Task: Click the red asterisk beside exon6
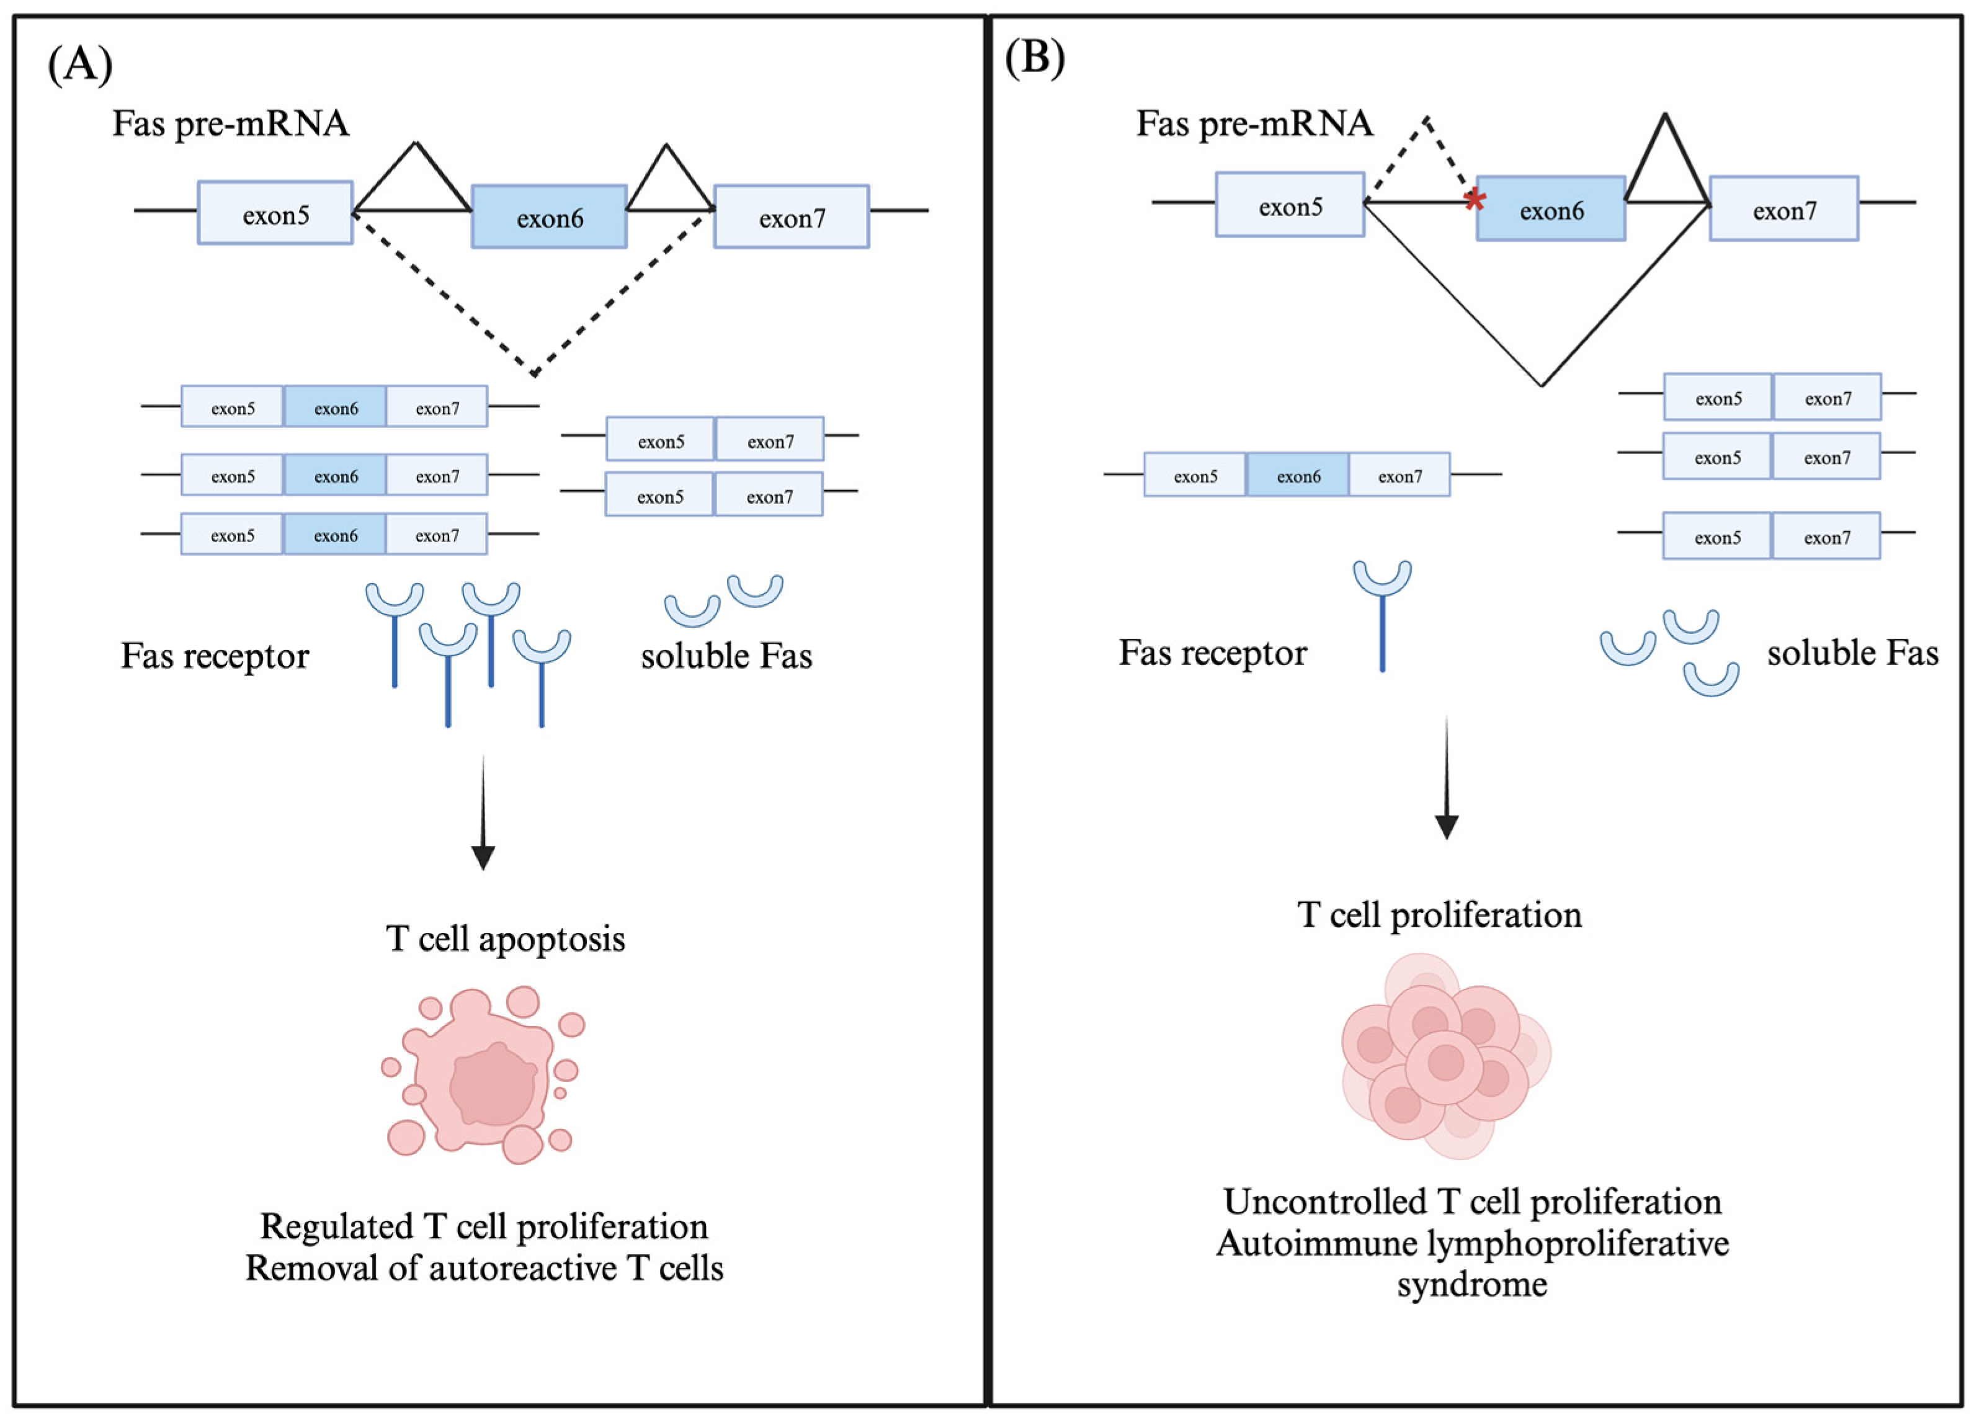(1474, 200)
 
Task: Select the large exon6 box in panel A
(549, 217)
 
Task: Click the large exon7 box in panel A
(792, 217)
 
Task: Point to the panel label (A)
(79, 65)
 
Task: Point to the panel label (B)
(1035, 60)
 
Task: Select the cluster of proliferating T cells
(1445, 1057)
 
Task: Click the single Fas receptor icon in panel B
(1383, 613)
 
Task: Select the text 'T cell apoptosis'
(506, 939)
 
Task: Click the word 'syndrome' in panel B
(1472, 1283)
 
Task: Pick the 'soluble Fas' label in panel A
(726, 655)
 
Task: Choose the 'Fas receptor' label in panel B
(1213, 652)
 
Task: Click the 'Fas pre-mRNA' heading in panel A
(231, 123)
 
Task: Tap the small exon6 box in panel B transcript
(1298, 476)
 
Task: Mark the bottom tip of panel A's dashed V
(534, 374)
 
